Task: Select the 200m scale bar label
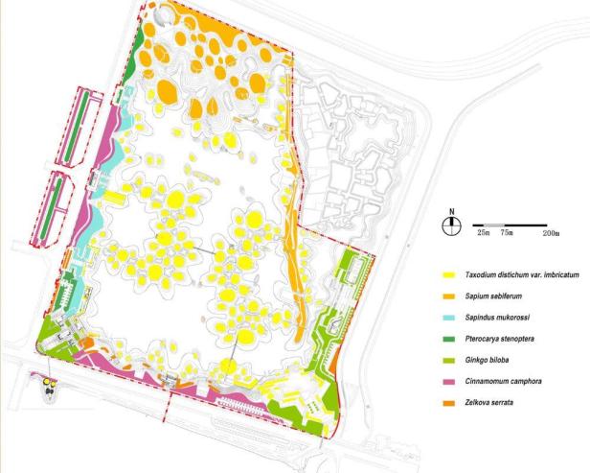click(x=551, y=233)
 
